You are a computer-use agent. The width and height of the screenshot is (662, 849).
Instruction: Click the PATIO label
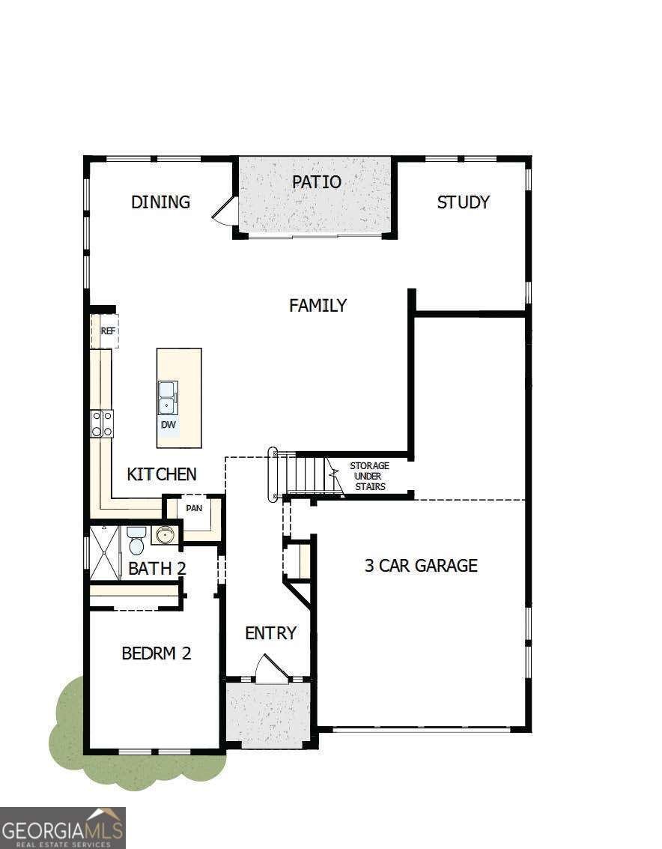316,182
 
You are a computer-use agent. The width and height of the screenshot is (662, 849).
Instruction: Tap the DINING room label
160,202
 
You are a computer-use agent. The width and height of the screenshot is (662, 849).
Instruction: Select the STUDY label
463,202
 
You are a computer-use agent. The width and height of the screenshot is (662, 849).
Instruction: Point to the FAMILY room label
318,306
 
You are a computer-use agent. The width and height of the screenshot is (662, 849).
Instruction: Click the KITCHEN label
161,474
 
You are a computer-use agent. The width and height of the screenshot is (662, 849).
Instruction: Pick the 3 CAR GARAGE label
420,566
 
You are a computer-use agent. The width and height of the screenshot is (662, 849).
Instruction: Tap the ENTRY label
270,633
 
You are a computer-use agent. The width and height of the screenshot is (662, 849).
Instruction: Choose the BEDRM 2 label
156,653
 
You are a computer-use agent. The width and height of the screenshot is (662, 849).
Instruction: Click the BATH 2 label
157,569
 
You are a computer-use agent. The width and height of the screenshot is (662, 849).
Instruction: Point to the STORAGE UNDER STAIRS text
369,477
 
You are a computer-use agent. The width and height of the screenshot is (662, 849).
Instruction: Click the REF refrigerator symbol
107,330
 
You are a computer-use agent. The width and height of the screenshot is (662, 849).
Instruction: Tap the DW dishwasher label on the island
168,425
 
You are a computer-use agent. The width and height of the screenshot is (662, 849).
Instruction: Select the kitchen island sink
167,397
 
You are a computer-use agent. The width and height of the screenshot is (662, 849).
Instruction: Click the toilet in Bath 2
136,540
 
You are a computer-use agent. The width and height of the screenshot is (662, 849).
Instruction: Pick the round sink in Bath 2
164,534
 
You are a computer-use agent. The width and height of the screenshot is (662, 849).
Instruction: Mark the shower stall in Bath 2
104,553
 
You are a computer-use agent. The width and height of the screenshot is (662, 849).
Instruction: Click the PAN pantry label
194,508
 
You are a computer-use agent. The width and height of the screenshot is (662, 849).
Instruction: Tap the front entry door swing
270,669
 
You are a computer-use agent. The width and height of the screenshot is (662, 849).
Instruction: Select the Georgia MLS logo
63,827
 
